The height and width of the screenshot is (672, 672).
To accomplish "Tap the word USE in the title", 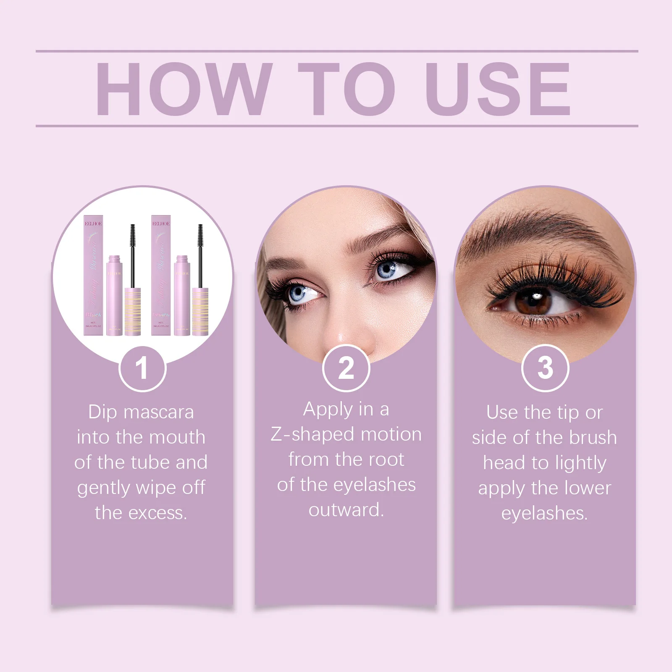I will click(x=498, y=89).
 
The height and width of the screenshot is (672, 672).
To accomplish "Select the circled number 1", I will click(x=142, y=368).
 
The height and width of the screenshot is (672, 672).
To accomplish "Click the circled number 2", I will click(x=346, y=368).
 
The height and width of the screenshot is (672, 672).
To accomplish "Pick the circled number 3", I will click(x=545, y=368).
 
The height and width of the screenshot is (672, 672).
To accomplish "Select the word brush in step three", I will click(x=593, y=438).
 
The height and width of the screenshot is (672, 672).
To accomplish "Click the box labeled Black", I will click(x=93, y=275).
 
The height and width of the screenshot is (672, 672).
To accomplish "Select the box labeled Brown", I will click(x=161, y=275).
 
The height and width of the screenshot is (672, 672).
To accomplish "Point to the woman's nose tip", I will click(x=349, y=336).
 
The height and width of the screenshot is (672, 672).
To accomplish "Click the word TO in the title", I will click(x=347, y=89).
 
